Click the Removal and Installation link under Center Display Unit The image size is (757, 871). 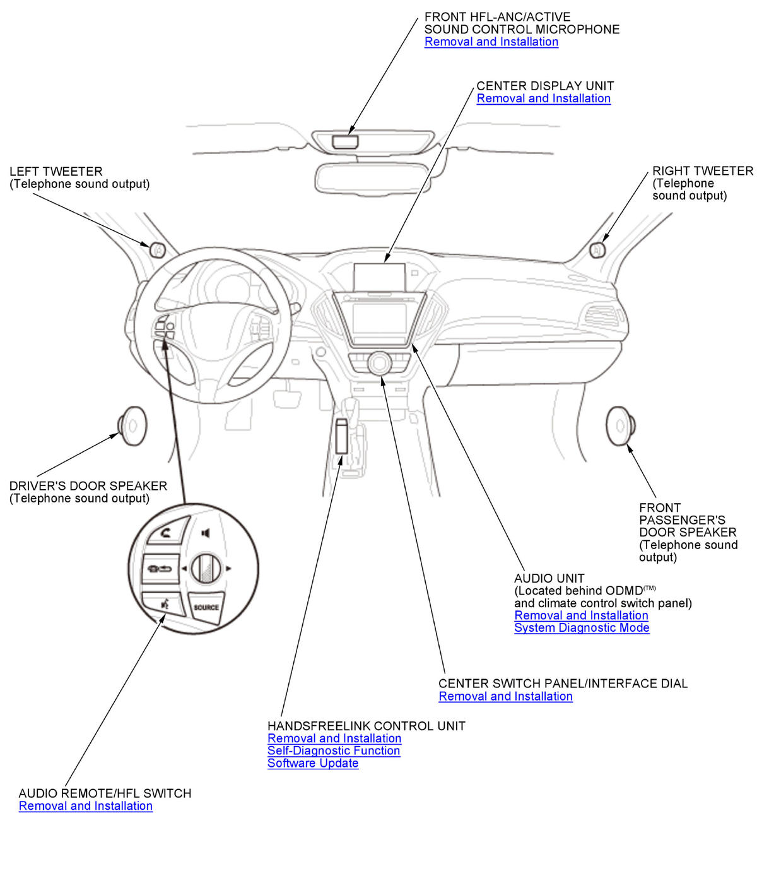543,98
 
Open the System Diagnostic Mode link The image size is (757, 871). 582,628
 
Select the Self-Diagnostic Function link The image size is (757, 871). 334,751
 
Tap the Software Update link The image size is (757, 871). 313,763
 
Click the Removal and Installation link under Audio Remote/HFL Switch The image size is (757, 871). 86,806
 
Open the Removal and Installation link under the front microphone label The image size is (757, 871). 491,42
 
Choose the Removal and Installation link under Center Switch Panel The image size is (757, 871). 505,696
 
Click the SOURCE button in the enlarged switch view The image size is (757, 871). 206,607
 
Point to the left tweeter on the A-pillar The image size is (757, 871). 158,249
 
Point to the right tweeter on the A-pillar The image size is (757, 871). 597,250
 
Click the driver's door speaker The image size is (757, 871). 132,426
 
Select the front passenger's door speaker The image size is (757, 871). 620,426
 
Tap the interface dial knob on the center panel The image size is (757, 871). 380,363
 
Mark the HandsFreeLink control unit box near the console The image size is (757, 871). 343,435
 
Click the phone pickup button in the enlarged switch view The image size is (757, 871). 167,531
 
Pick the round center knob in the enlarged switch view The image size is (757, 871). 205,568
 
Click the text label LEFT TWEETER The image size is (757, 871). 56,172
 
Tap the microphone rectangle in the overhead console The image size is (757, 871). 344,141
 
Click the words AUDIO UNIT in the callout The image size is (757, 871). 549,578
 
